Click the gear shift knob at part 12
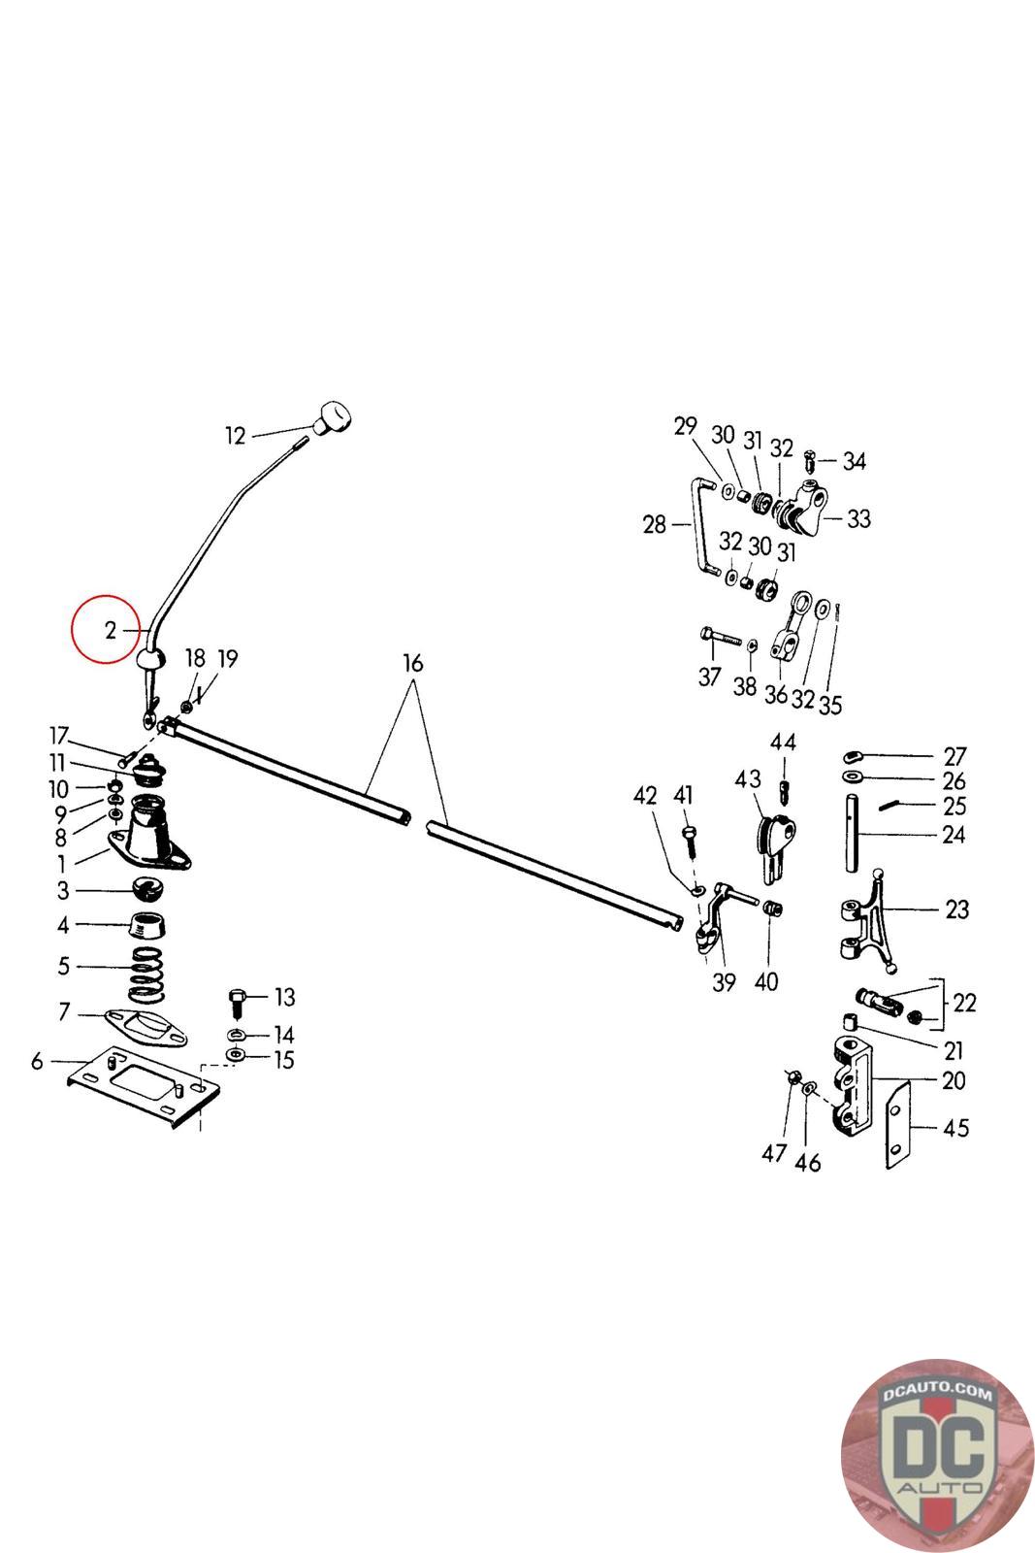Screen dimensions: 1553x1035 332,418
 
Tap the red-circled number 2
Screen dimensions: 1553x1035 111,630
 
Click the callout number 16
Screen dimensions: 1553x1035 413,664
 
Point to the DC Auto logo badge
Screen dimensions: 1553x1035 937,1455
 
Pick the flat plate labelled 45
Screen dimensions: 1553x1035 899,1125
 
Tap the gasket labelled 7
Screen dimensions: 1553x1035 146,1029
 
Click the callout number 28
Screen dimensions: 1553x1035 655,525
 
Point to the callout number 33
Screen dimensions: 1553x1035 858,519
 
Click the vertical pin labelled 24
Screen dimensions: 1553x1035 853,834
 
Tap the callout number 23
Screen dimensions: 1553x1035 956,909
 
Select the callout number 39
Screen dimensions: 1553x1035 724,982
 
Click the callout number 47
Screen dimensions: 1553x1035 773,1154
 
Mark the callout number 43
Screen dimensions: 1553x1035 748,779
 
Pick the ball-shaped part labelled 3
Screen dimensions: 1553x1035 147,888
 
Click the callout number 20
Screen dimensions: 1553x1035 954,1080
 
